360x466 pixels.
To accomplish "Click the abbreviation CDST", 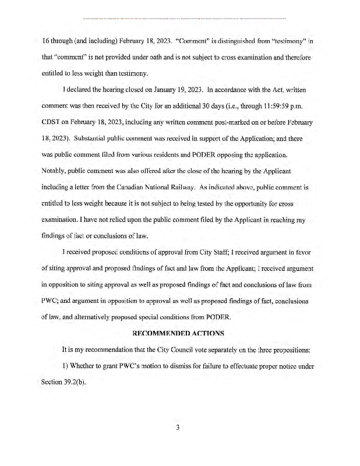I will [x=52, y=122].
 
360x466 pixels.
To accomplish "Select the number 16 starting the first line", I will [x=45, y=41].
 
